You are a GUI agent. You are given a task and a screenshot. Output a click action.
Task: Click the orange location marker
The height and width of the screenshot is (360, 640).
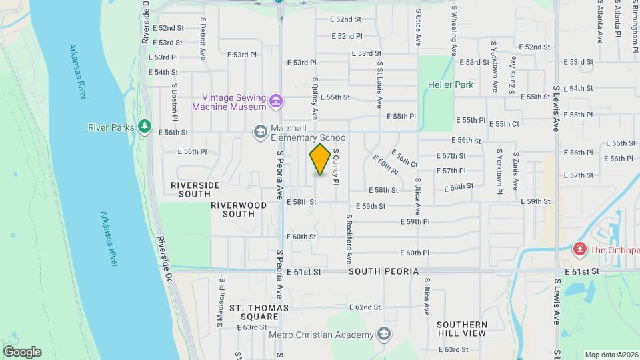coord(320,159)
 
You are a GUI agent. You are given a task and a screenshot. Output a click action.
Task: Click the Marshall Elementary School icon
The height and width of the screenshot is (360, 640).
coord(259,132)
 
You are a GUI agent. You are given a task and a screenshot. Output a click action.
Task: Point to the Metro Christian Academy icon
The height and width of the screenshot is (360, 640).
coord(384,333)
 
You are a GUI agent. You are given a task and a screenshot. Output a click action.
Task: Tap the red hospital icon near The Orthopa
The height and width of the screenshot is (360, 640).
coord(579,250)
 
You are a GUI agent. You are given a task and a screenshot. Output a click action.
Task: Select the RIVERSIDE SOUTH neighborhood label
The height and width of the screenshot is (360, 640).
coord(195,189)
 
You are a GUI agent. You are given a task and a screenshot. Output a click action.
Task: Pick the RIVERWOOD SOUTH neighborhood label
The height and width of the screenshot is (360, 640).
coord(233,209)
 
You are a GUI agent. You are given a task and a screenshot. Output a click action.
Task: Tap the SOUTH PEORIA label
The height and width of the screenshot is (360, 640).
coord(383,272)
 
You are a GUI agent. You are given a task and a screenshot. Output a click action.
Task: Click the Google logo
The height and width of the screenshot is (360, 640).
coord(21,352)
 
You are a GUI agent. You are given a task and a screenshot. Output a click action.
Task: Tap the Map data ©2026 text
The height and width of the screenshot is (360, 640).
coord(611,355)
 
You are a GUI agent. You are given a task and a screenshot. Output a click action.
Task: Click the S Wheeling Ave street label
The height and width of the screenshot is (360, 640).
coord(454,31)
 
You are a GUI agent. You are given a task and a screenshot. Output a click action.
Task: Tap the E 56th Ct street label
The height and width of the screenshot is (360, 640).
coord(405,159)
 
